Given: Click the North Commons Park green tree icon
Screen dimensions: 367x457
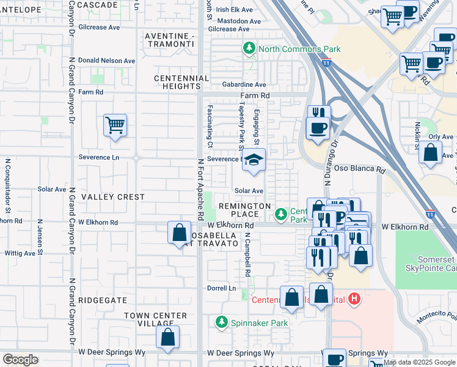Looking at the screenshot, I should [x=249, y=48].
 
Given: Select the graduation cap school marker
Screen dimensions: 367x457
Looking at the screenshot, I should [x=254, y=161].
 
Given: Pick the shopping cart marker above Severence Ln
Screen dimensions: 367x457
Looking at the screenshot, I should [x=115, y=126].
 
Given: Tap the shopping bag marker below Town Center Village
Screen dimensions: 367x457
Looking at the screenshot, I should [x=167, y=337].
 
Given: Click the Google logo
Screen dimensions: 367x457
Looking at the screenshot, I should [x=20, y=360].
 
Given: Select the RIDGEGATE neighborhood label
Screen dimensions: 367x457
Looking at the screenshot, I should [x=103, y=301].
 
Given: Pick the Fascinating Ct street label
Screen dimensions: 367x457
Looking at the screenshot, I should [x=210, y=126].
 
